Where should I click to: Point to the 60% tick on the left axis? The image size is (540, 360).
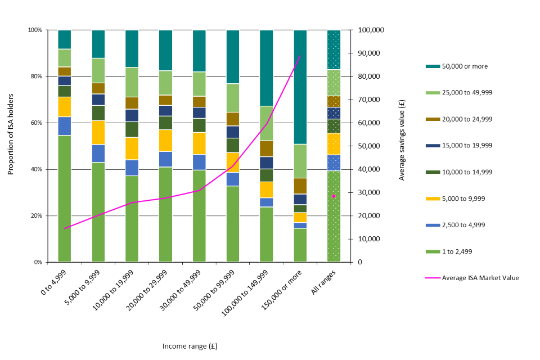[x=37, y=123]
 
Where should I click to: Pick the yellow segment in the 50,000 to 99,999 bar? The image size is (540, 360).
[x=232, y=162]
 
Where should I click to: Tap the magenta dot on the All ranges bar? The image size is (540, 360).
[x=334, y=196]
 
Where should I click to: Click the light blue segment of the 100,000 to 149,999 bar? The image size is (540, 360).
[x=266, y=202]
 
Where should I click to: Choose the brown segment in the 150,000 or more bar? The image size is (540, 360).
[x=300, y=186]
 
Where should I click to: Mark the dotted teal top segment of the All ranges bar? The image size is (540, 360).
[x=334, y=49]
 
